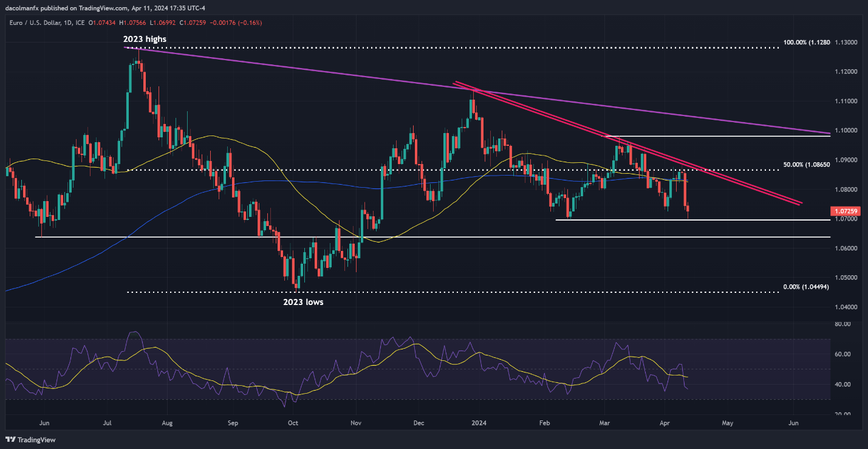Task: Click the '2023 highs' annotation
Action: coord(145,39)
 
